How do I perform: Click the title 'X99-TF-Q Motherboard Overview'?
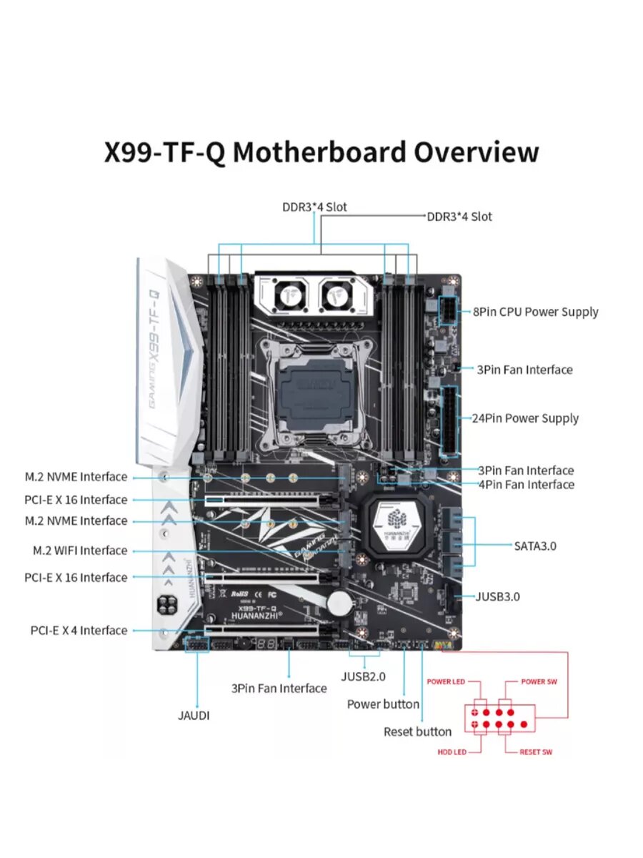click(321, 152)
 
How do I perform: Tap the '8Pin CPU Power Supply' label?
click(535, 312)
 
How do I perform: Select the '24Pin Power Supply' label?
click(525, 418)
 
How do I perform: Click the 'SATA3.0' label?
click(535, 546)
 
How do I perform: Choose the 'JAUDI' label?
click(194, 715)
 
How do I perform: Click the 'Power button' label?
click(383, 704)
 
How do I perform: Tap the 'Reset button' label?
click(417, 731)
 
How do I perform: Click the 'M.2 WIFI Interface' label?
click(80, 551)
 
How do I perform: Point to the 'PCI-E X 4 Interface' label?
click(79, 630)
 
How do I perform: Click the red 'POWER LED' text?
click(446, 681)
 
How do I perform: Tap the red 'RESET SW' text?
click(536, 752)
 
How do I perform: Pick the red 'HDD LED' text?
click(452, 752)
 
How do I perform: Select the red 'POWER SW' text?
click(539, 681)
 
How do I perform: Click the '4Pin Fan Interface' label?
click(526, 485)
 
